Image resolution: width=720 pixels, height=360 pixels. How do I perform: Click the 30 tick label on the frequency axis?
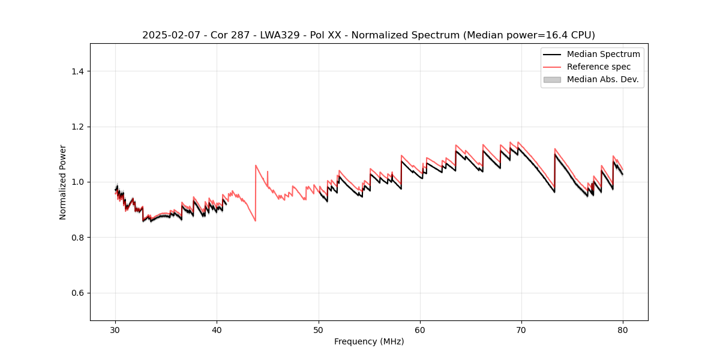coord(116,329)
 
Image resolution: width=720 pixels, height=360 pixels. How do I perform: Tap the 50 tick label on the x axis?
coord(319,329)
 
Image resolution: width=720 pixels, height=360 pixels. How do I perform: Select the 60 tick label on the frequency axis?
coord(420,329)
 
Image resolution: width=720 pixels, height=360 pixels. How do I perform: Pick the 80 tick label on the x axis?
coord(623,329)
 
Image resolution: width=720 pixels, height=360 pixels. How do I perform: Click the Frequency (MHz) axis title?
coord(369,341)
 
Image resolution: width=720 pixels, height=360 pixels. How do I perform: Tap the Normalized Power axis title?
coord(63,182)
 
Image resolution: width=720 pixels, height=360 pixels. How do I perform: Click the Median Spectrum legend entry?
coord(603,54)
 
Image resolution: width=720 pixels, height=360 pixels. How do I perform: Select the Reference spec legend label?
coord(599,67)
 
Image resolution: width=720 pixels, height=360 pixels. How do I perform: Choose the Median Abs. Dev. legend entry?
coord(602,79)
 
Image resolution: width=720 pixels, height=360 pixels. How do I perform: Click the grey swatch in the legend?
coord(552,79)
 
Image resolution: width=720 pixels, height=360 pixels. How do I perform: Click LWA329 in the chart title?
coord(280,35)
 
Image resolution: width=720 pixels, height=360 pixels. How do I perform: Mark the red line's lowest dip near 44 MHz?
coord(255,221)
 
